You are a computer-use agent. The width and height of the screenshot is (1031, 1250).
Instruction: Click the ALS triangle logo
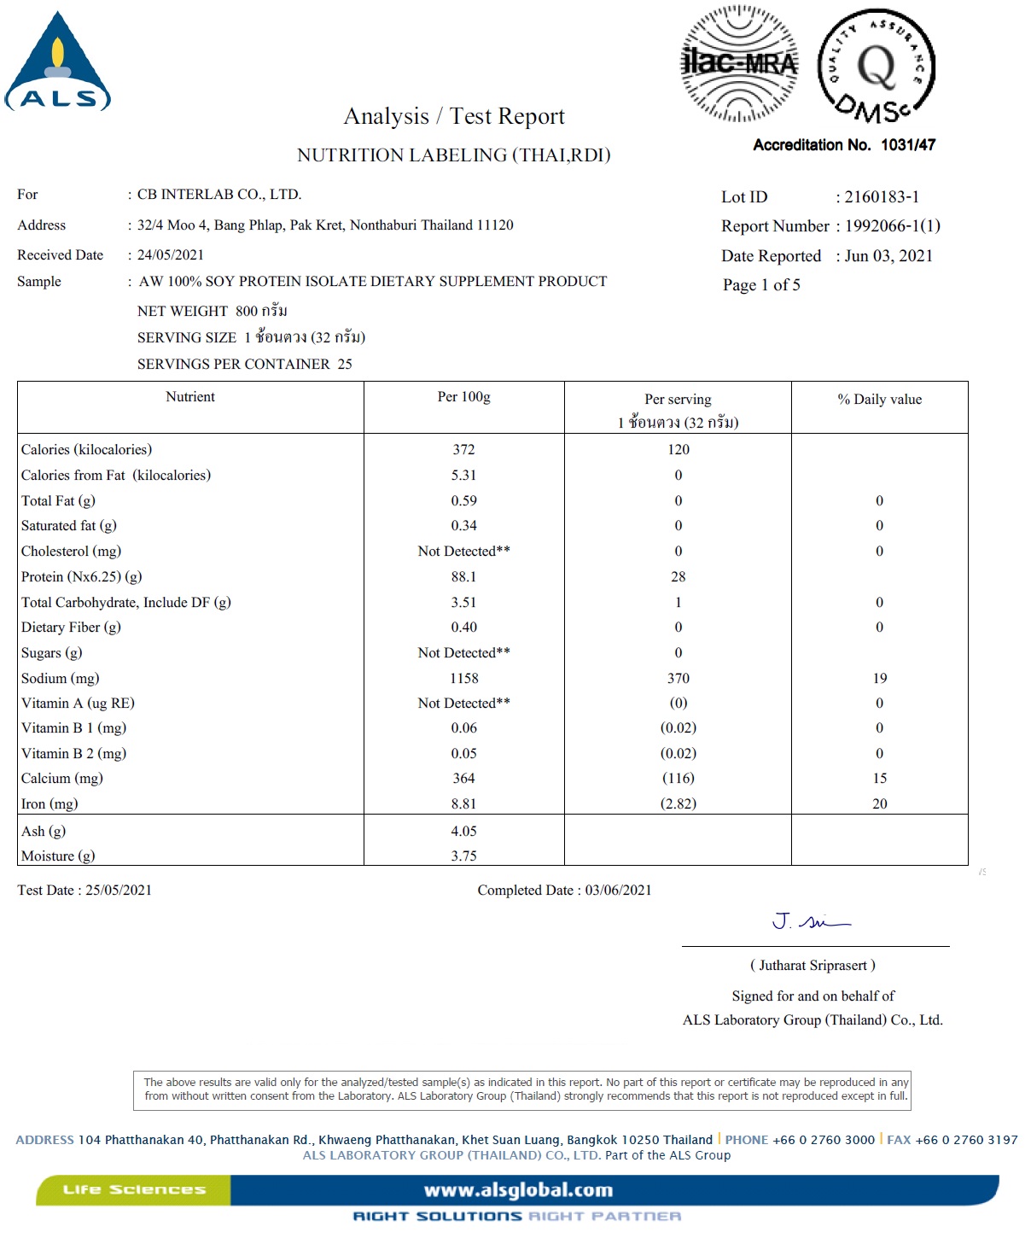tap(58, 64)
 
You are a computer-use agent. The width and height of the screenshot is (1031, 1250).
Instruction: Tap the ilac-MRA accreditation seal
tap(739, 64)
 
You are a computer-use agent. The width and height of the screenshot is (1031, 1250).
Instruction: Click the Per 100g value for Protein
tap(463, 577)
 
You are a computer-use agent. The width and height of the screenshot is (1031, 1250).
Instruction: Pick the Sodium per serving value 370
tap(679, 679)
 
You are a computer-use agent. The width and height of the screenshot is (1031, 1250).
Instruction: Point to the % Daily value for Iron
tap(879, 804)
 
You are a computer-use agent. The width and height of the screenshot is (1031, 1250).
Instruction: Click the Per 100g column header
tap(463, 397)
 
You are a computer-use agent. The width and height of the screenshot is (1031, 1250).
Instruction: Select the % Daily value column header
tap(879, 400)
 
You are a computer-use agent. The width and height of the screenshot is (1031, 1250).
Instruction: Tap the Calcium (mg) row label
tap(61, 779)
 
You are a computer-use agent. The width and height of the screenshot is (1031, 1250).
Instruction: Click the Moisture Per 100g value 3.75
tap(463, 856)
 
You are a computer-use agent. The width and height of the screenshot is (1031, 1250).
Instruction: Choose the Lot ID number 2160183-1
tap(882, 197)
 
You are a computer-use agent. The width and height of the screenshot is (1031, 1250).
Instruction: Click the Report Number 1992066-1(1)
tap(892, 226)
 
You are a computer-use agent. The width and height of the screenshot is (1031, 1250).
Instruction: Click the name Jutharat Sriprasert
tap(813, 966)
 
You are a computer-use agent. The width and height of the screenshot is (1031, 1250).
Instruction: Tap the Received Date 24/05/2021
tap(171, 255)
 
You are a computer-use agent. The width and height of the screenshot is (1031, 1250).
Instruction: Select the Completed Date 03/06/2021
tap(618, 891)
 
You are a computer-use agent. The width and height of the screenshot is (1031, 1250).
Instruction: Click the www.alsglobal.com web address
tap(518, 1190)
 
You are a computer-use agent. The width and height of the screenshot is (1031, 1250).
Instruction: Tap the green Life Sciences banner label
tap(134, 1189)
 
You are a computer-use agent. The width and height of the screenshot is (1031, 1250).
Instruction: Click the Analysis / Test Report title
tap(454, 116)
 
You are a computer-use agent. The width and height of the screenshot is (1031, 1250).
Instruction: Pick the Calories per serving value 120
tap(679, 450)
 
